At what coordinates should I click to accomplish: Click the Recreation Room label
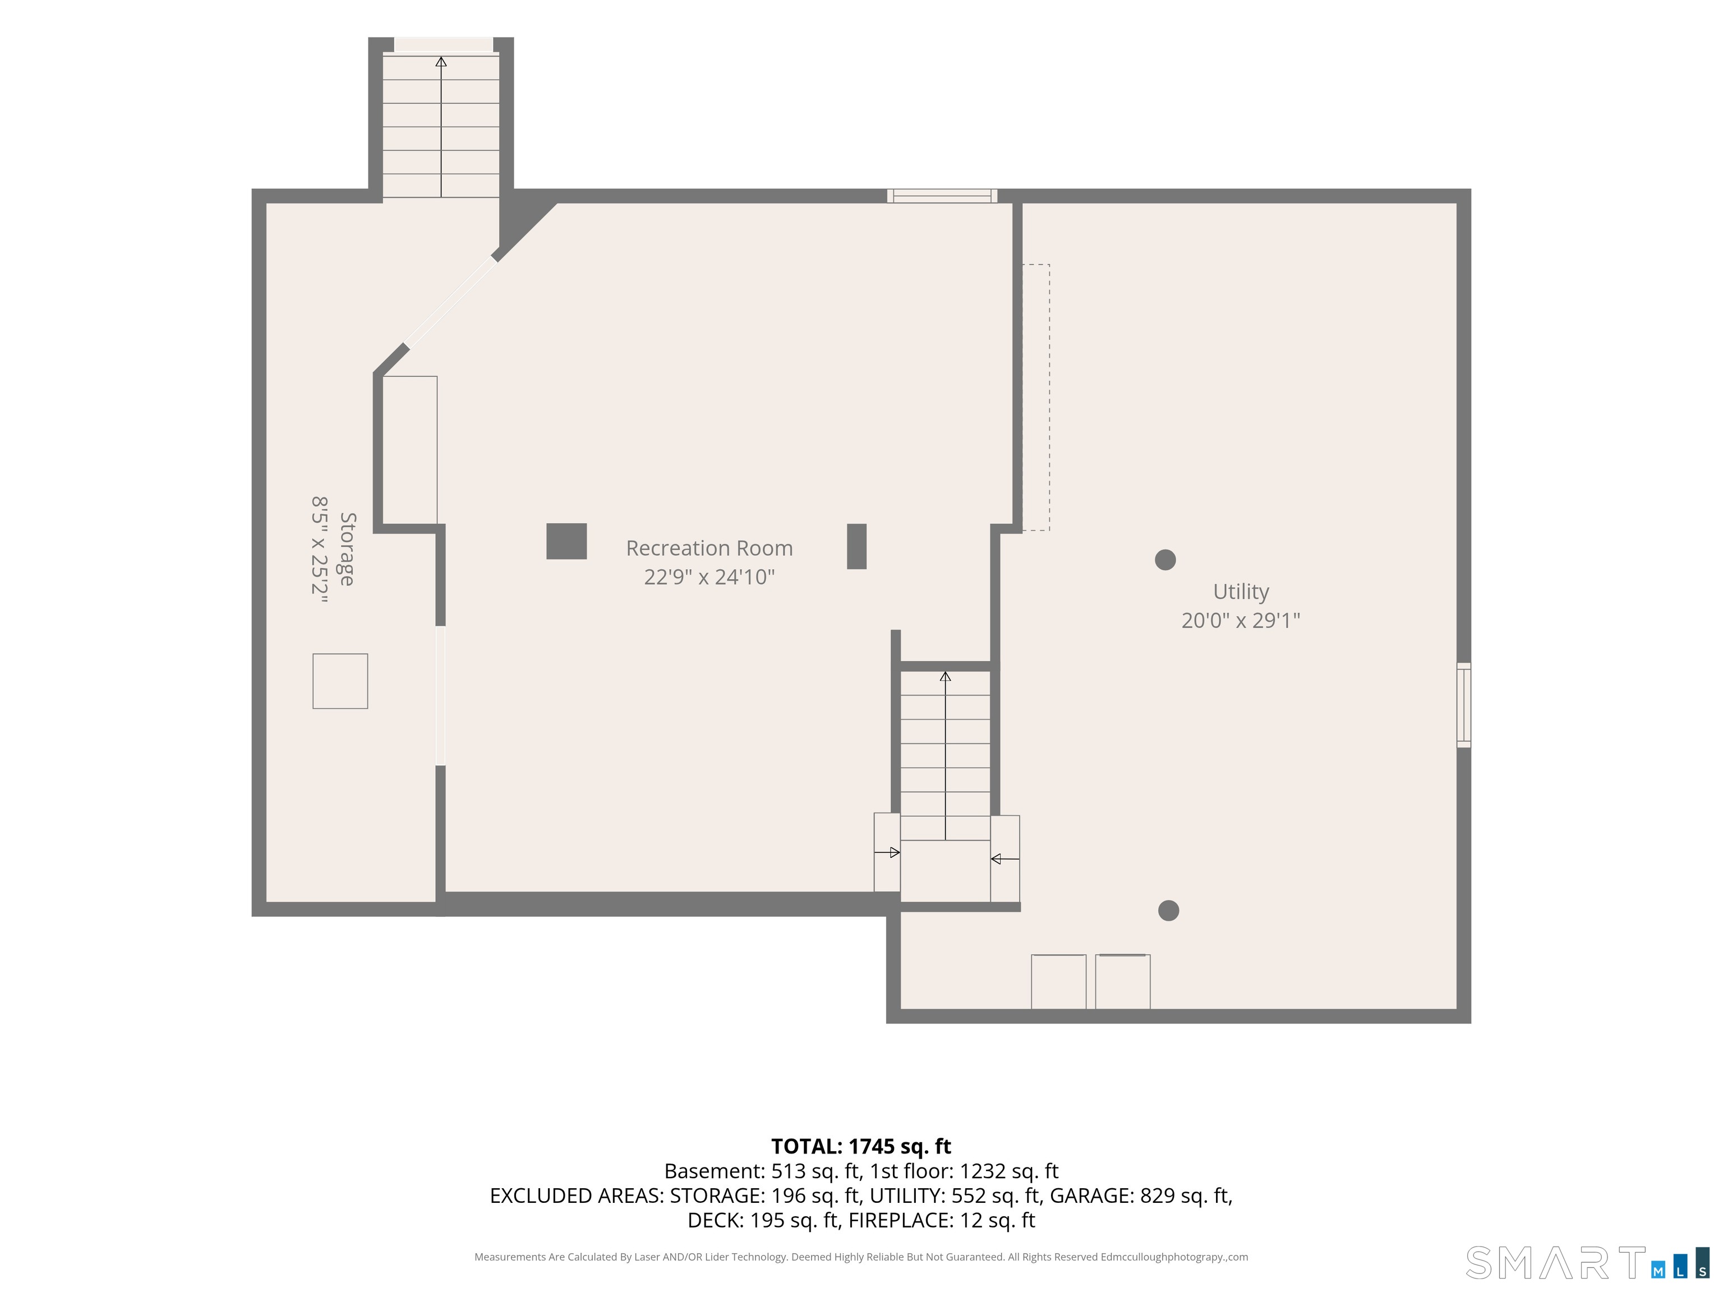coord(710,548)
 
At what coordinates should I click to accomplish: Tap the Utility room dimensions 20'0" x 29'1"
coord(1241,621)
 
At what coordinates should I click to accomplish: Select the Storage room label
coord(347,549)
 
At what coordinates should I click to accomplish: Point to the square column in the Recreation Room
coord(566,541)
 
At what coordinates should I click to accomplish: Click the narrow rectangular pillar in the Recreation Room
coord(857,547)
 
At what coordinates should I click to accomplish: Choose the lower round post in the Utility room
coord(1168,910)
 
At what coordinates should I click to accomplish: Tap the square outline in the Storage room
coord(340,681)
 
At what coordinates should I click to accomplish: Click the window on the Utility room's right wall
coord(1464,705)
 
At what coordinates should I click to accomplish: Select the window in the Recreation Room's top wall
coord(942,196)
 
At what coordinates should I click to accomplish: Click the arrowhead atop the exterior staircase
coord(441,62)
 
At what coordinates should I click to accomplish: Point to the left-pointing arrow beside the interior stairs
coord(1005,859)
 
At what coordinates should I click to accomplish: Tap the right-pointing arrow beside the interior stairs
coord(887,853)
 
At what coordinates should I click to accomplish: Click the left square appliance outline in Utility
coord(1058,982)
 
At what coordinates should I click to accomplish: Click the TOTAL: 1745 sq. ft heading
coord(861,1146)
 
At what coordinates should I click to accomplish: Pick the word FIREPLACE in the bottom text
coord(899,1220)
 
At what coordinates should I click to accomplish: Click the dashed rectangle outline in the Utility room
coord(1036,398)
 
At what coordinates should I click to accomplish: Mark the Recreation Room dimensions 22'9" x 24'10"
coord(710,577)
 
